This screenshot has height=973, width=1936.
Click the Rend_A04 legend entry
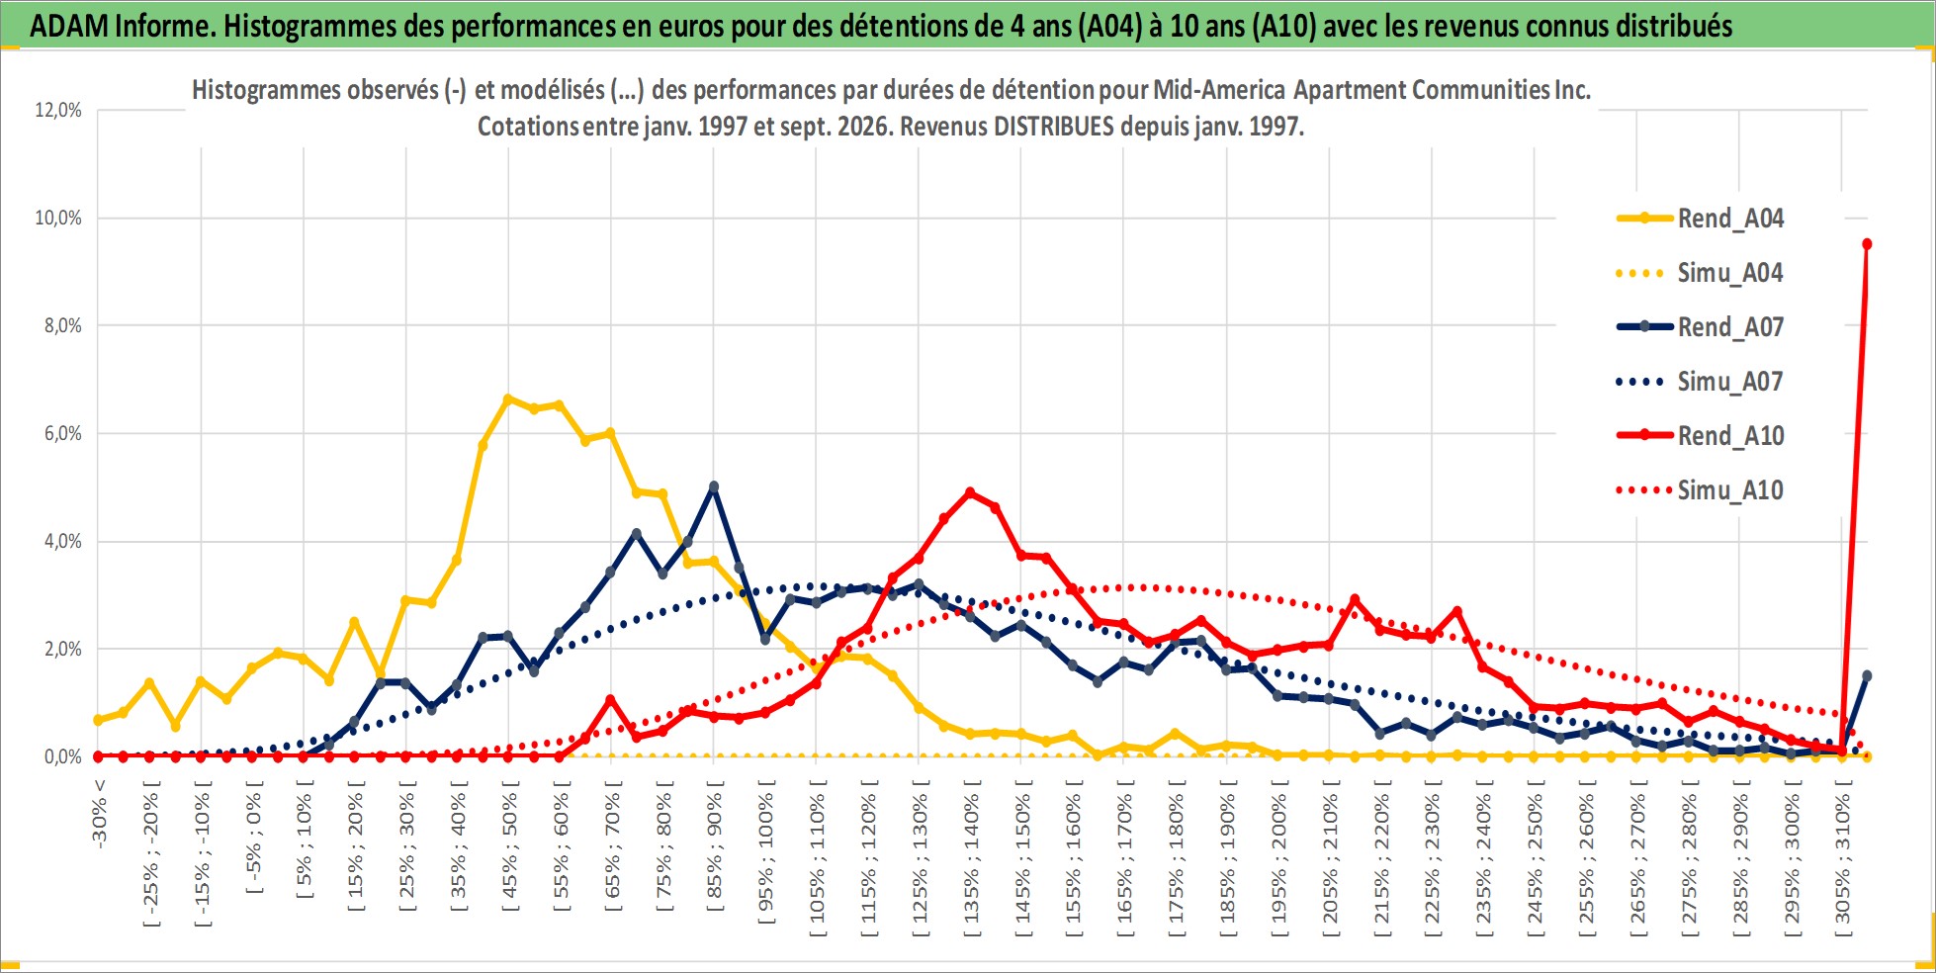(1701, 219)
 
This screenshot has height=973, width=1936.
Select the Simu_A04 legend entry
(1701, 273)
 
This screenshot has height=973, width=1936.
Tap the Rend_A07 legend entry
(1701, 327)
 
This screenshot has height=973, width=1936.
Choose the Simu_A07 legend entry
(1701, 382)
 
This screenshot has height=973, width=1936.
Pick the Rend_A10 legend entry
(1701, 436)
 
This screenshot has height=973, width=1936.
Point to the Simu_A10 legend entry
(1701, 490)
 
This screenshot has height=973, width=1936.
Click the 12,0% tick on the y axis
(58, 110)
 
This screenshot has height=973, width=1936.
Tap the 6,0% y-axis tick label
(62, 433)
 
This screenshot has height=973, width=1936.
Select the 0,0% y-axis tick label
(62, 756)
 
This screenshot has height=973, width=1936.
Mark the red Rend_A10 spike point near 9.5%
(1867, 244)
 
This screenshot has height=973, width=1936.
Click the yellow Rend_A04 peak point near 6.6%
(508, 399)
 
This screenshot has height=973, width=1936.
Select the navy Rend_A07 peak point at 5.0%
(714, 486)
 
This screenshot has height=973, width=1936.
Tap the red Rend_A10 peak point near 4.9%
(970, 492)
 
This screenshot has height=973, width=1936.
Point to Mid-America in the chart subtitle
(1220, 90)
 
